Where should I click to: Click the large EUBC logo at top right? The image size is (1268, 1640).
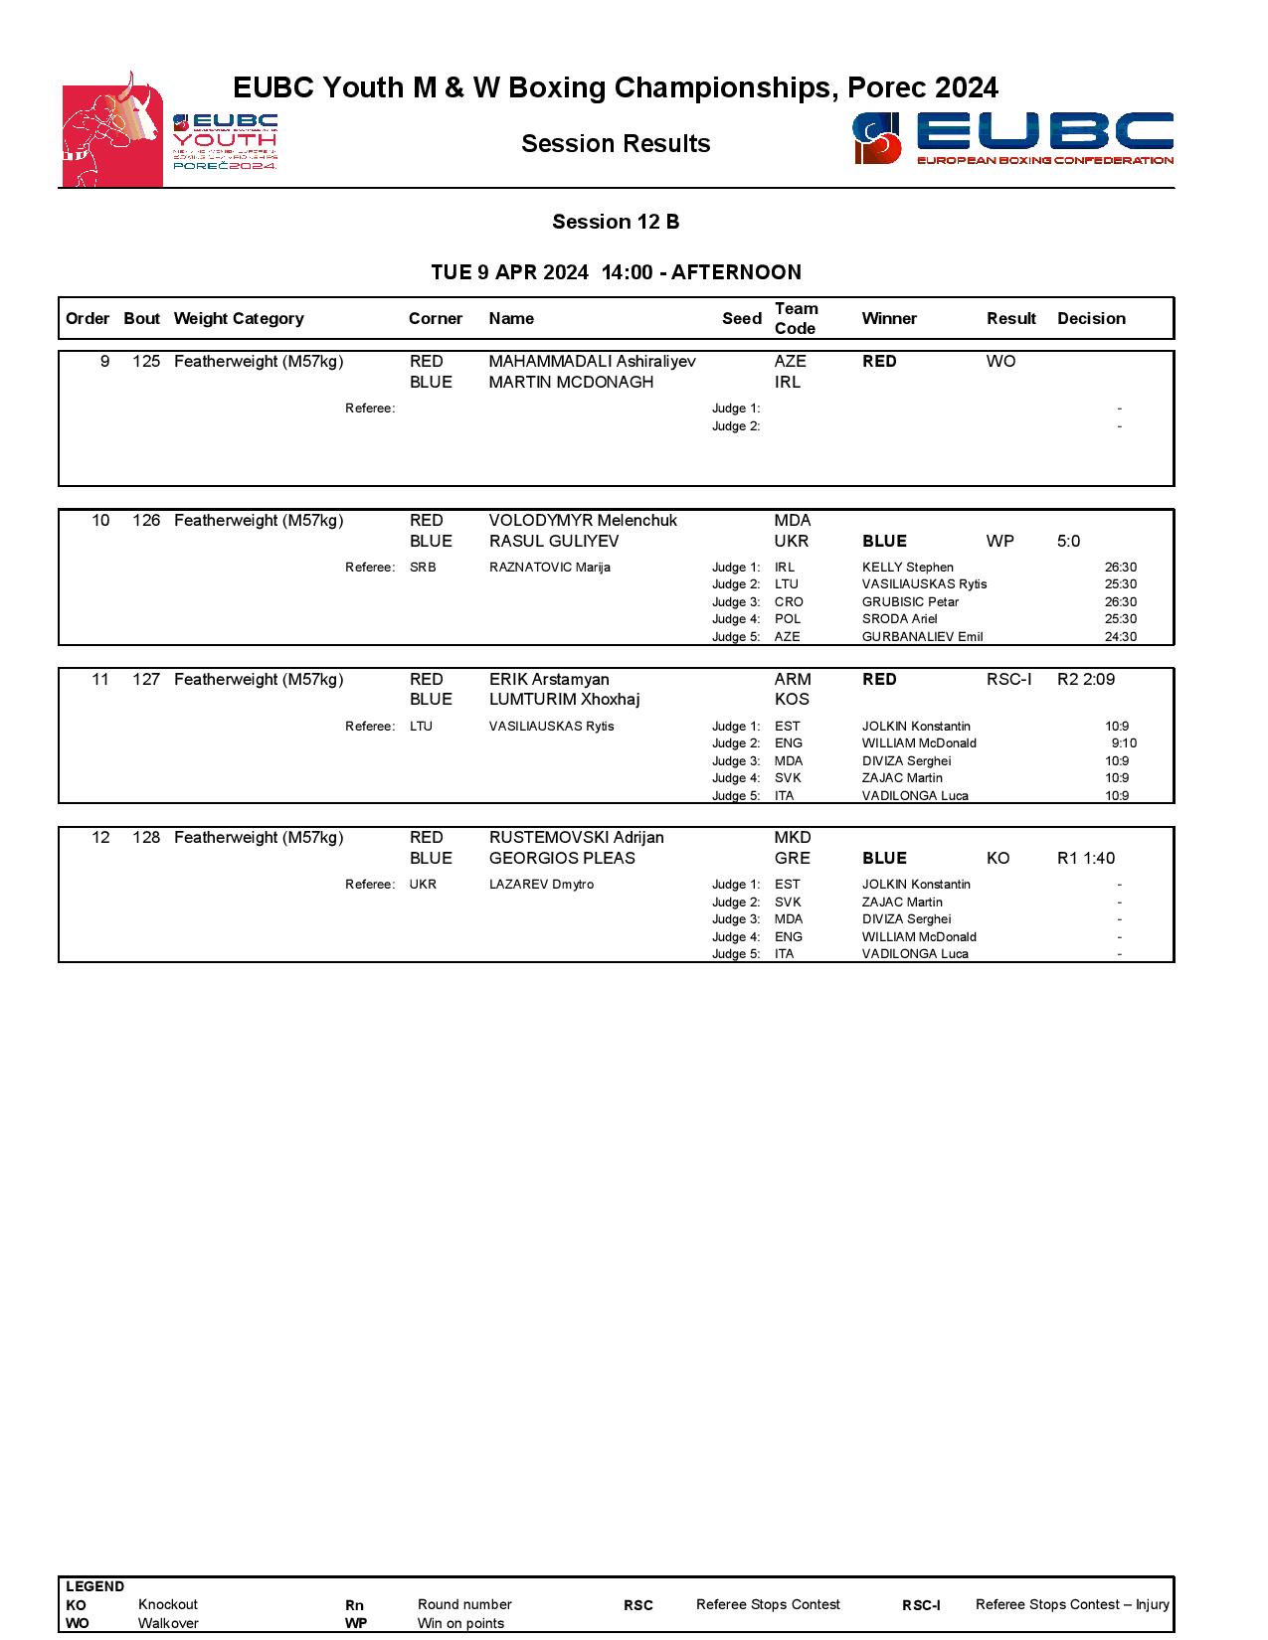click(1012, 138)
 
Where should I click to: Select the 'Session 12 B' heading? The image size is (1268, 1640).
click(616, 222)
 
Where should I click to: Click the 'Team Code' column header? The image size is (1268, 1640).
click(796, 318)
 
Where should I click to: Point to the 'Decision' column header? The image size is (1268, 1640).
click(1091, 318)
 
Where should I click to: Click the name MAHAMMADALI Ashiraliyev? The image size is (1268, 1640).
click(592, 362)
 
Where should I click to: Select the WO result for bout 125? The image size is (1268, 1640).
click(1000, 362)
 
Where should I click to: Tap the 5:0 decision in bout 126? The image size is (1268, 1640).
click(1068, 541)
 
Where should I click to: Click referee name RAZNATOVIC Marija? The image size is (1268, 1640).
click(549, 568)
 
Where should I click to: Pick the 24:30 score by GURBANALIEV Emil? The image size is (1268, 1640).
click(1120, 637)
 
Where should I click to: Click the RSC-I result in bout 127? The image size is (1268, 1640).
click(1008, 680)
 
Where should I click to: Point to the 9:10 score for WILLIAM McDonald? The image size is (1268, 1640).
click(1124, 743)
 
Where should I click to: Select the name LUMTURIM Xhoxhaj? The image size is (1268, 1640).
click(564, 700)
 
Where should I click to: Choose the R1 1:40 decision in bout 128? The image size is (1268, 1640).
click(1085, 859)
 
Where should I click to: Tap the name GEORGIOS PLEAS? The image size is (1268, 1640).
click(561, 859)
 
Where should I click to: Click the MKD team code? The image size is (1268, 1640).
click(793, 838)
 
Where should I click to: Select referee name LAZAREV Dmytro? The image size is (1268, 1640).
click(541, 885)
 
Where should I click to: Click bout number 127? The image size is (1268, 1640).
click(146, 680)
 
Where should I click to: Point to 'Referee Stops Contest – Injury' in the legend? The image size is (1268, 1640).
click(1072, 1604)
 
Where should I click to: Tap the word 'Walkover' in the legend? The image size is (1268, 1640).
click(168, 1623)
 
